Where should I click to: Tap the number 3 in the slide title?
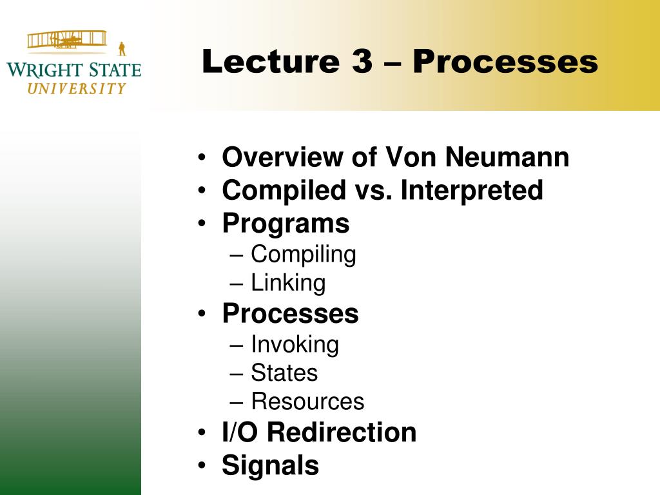tap(363, 61)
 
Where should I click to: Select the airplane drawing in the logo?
tap(67, 40)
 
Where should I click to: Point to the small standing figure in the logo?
tap(122, 49)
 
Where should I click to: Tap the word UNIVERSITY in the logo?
tap(77, 88)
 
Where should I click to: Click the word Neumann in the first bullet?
tap(507, 157)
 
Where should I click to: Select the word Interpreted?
tap(472, 190)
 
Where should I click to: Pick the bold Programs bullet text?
tap(286, 224)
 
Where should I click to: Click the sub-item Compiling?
tap(304, 255)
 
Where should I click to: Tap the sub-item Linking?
tap(288, 283)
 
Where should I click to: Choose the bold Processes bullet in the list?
tap(291, 314)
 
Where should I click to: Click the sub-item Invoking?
tap(295, 345)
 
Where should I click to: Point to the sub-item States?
tap(284, 373)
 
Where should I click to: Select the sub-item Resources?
tap(307, 402)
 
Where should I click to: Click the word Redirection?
tap(342, 432)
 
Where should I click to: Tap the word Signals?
tap(270, 465)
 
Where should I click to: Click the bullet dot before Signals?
tap(202, 465)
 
